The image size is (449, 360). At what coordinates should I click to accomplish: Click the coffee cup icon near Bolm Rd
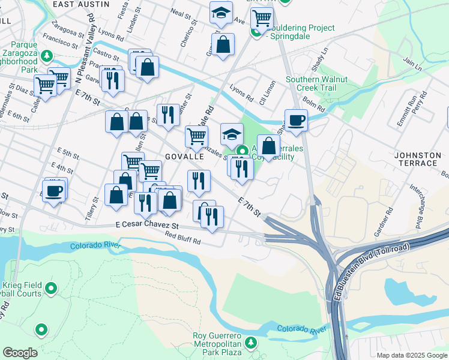[295, 120]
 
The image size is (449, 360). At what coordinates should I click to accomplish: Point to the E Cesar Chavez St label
[148, 226]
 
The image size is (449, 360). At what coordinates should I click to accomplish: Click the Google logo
[20, 353]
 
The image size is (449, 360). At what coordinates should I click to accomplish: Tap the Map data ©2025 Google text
[411, 355]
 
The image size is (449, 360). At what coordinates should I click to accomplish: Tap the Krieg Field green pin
[51, 289]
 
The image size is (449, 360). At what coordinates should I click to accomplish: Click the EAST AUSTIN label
[81, 4]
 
